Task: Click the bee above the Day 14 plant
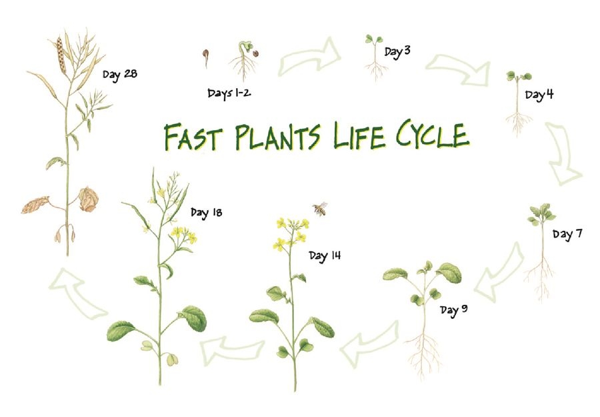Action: tap(320, 209)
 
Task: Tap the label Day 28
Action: tap(120, 74)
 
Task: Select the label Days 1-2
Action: tap(229, 93)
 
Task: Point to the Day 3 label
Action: tap(397, 51)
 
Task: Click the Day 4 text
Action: tap(539, 94)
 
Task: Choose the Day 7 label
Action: tap(567, 234)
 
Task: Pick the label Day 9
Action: tap(453, 310)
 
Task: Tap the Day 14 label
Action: tap(325, 256)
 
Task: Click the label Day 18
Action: tap(206, 213)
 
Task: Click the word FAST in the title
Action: tap(193, 137)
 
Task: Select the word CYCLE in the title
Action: tap(433, 135)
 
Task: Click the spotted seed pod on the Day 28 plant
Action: tap(61, 54)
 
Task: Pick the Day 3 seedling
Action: tap(375, 57)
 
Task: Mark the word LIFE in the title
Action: tap(358, 135)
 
